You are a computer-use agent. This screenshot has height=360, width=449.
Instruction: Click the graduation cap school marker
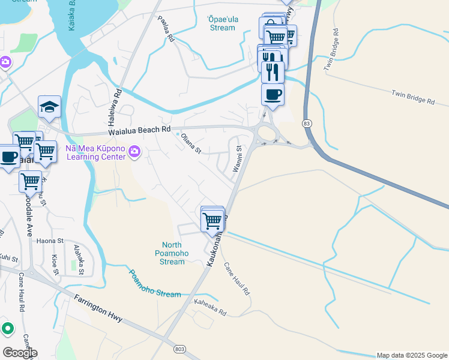click(x=49, y=107)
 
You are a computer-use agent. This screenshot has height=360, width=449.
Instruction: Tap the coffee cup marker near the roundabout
click(x=273, y=95)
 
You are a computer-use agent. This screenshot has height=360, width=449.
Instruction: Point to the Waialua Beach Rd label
click(x=139, y=130)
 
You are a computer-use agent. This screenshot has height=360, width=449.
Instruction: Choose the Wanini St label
click(x=238, y=155)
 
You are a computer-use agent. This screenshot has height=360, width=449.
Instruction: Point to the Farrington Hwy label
click(x=98, y=308)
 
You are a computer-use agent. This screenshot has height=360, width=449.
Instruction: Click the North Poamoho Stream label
click(x=172, y=253)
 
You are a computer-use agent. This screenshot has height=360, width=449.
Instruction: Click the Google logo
click(x=20, y=352)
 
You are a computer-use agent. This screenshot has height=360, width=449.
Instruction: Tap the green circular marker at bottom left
click(x=7, y=328)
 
